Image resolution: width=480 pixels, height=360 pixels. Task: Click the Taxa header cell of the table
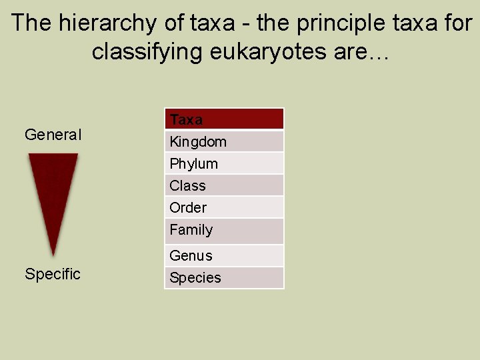point(224,119)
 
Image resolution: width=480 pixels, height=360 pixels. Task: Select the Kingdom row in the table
point(224,141)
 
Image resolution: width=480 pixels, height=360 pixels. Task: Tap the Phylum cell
point(224,163)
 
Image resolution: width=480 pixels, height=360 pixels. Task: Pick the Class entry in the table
point(224,185)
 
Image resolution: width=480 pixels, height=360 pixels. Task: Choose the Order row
point(224,207)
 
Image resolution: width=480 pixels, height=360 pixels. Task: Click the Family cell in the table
point(224,230)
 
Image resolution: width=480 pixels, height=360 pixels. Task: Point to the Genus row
point(224,255)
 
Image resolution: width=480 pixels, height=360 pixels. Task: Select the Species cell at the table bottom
point(224,277)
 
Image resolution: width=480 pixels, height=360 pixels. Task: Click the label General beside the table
point(53,135)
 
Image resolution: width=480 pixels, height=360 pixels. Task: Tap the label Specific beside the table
point(53,274)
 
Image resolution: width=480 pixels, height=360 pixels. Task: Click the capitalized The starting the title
point(32,24)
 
